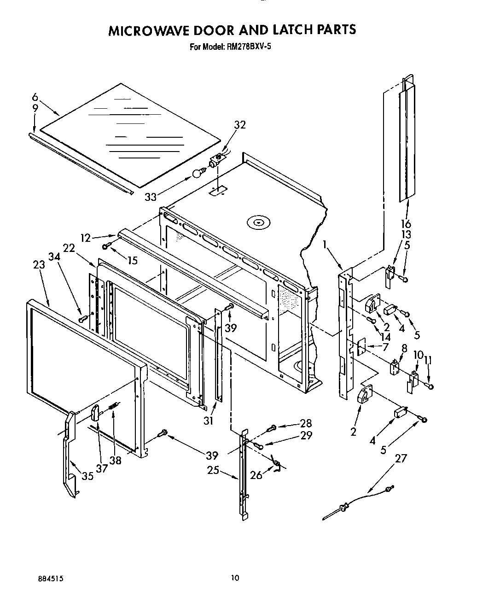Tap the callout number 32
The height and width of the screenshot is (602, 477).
point(239,125)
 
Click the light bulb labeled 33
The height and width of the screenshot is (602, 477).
point(198,174)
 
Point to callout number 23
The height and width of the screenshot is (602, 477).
point(39,265)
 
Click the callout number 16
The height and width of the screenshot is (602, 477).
point(405,224)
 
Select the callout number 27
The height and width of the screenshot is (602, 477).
point(401,458)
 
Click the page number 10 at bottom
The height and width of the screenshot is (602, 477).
point(235,578)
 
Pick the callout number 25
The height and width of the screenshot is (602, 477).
point(212,471)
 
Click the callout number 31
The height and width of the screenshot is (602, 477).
point(209,421)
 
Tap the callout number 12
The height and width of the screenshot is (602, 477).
point(86,238)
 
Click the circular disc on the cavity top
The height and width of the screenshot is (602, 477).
point(257,223)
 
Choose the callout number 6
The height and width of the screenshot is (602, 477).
point(35,97)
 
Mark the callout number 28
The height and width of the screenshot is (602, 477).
point(305,423)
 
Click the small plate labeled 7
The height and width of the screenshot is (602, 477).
point(361,346)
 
